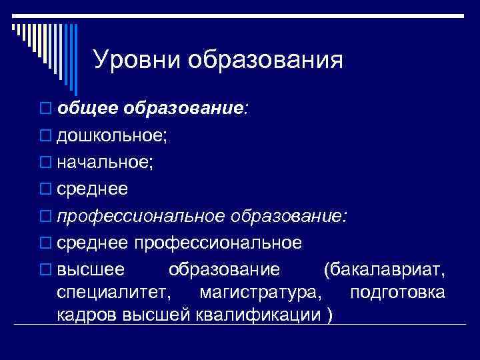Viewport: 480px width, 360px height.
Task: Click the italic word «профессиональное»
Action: coord(141,217)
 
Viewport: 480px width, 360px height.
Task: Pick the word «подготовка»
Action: coord(397,293)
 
